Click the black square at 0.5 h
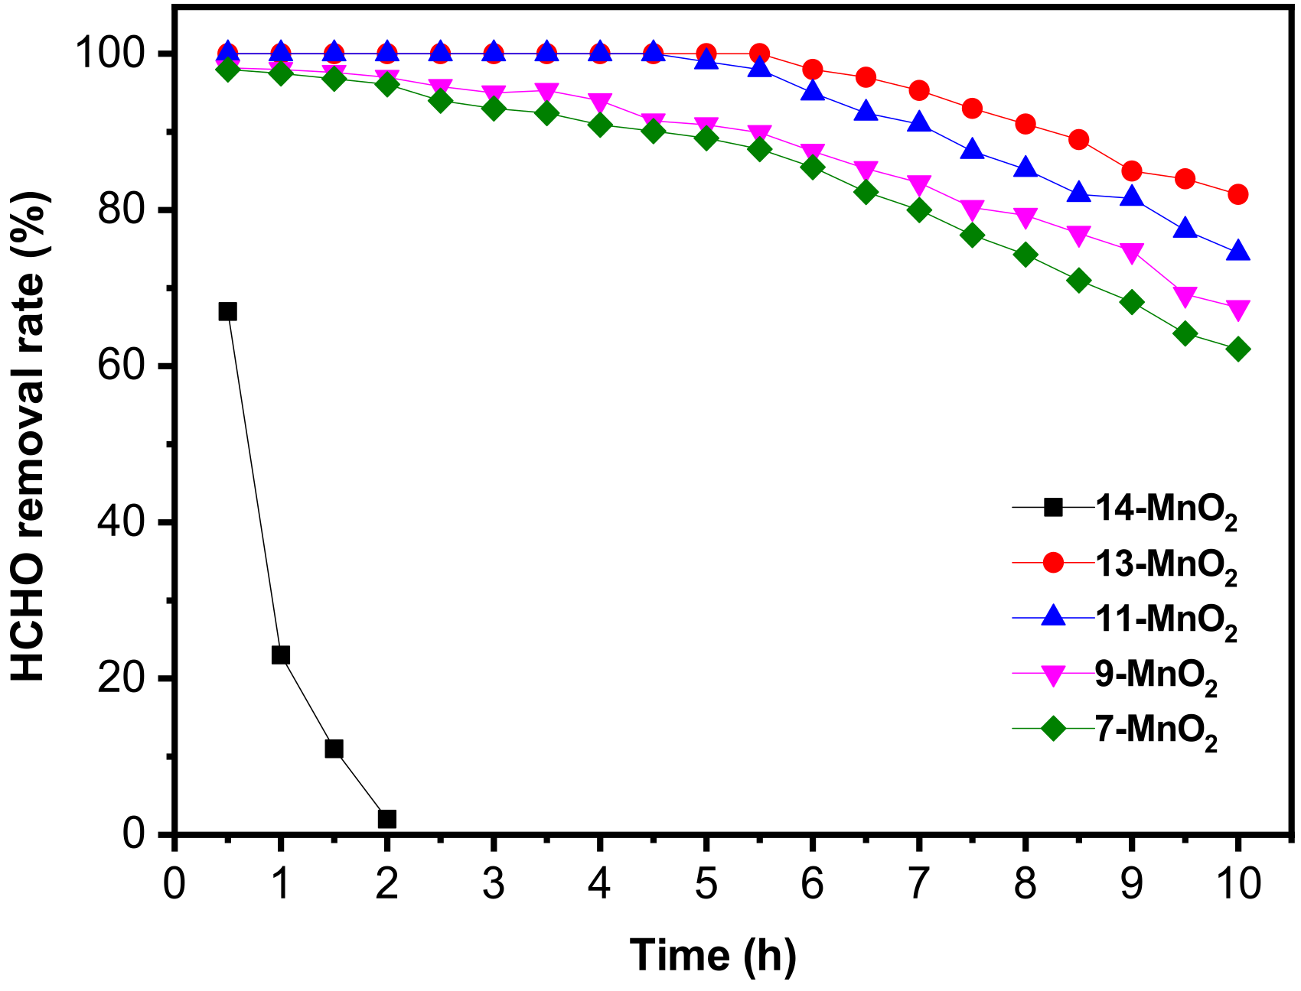pyautogui.click(x=227, y=311)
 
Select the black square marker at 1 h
pyautogui.click(x=281, y=655)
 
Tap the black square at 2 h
pyautogui.click(x=387, y=819)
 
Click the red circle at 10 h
pyautogui.click(x=1237, y=194)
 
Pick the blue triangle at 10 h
pyautogui.click(x=1237, y=252)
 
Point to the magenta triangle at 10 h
pyautogui.click(x=1237, y=309)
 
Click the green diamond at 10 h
pyautogui.click(x=1237, y=349)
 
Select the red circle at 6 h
pyautogui.click(x=813, y=70)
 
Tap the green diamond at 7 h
pyautogui.click(x=919, y=210)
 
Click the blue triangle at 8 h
pyautogui.click(x=1025, y=168)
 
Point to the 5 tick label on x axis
pyautogui.click(x=706, y=885)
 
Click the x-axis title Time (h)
pyautogui.click(x=712, y=956)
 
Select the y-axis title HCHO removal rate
pyautogui.click(x=31, y=436)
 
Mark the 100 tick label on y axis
pyautogui.click(x=109, y=54)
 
